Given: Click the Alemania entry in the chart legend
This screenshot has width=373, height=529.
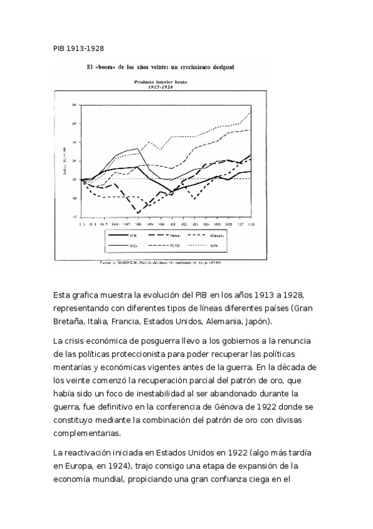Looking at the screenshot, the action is click(237, 235).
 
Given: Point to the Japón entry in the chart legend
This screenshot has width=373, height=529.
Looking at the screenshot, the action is click(237, 246).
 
